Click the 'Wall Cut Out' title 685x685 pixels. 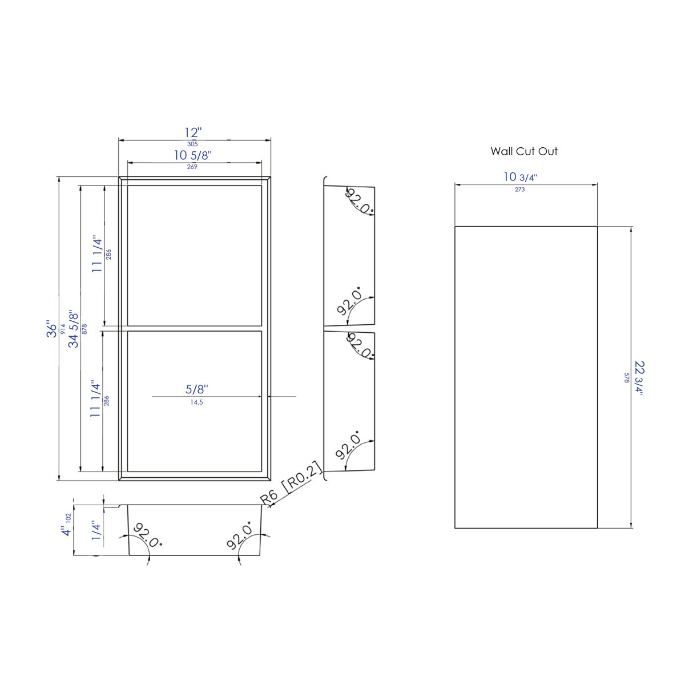point(524,151)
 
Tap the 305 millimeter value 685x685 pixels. point(192,144)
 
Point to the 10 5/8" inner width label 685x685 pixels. point(193,155)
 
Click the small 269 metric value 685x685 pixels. point(192,167)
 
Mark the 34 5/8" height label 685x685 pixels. point(74,329)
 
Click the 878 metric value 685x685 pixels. point(84,329)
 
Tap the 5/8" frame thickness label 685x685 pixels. point(197,389)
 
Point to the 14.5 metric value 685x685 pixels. point(197,402)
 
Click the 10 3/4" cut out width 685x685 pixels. point(519,177)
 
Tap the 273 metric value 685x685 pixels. point(519,190)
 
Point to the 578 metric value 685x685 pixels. point(626,377)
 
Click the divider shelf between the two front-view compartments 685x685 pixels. point(194,328)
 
